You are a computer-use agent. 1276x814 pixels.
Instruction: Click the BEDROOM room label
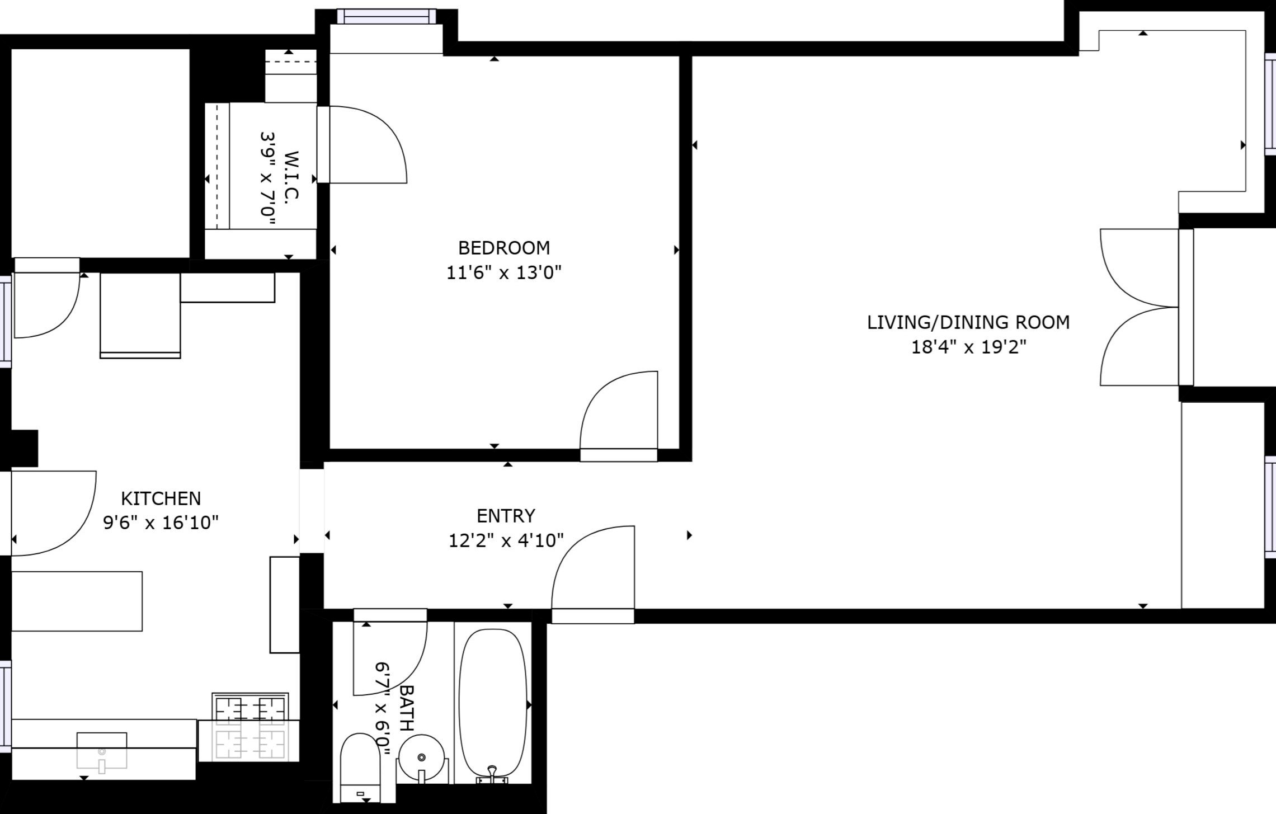pos(503,248)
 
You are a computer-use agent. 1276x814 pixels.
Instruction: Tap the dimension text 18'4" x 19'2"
pos(968,347)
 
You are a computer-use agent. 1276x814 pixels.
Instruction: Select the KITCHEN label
pos(161,498)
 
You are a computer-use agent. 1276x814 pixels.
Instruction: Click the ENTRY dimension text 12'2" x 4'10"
pos(506,540)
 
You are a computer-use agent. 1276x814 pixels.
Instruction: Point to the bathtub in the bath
pos(493,704)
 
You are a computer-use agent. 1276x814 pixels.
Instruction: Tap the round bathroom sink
pos(422,757)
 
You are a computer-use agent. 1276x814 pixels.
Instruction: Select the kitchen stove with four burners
pos(250,727)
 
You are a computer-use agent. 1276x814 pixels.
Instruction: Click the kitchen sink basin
pos(102,750)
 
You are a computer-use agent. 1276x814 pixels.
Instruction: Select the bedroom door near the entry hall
pos(619,414)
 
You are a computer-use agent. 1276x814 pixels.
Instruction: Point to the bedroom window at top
pos(387,17)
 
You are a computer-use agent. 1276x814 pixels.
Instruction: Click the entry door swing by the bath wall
pos(593,571)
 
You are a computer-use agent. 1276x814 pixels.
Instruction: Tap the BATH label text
pos(407,708)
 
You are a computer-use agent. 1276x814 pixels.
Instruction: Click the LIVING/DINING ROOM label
pos(968,322)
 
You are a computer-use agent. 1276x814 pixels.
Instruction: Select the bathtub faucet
pos(492,774)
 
